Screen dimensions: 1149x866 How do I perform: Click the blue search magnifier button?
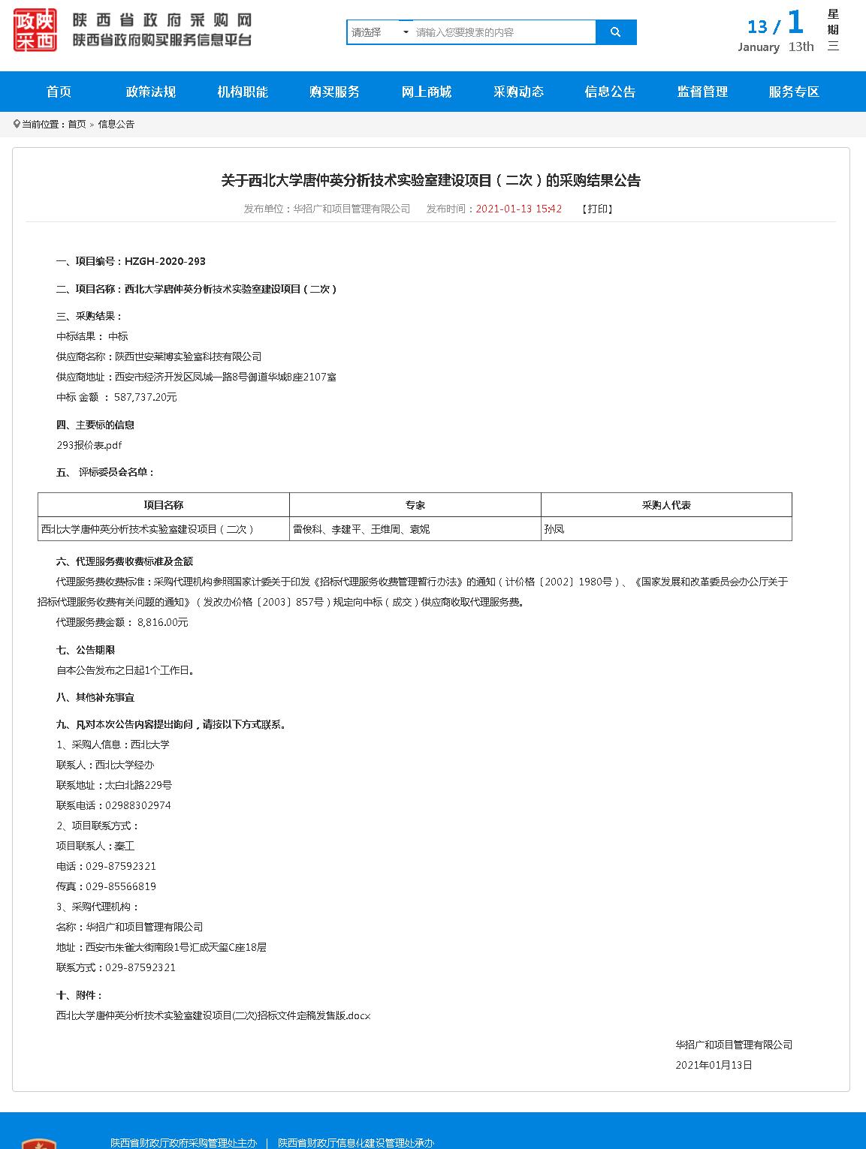coord(615,32)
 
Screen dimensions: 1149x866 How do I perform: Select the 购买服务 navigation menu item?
coord(334,92)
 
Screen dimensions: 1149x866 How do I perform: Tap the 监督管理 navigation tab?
coord(702,92)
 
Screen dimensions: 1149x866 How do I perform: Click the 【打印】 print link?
coord(597,209)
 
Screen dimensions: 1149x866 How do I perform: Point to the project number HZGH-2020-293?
coord(164,261)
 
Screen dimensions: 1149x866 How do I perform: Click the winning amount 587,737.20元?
coord(146,397)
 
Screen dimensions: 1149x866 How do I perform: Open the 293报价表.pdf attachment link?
coord(89,445)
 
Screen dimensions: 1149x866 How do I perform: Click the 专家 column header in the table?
coord(415,505)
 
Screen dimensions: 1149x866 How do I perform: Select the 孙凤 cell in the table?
coord(554,529)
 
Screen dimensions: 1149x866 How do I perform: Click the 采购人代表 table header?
coord(666,505)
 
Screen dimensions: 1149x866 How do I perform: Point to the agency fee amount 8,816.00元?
coord(163,622)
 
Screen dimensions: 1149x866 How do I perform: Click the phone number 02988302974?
coord(138,805)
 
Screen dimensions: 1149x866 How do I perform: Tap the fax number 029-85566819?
coord(121,886)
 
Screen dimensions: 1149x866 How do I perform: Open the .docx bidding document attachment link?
coord(213,1015)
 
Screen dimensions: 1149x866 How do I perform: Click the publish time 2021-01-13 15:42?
coord(518,209)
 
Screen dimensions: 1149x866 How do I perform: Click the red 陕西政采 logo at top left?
coord(35,31)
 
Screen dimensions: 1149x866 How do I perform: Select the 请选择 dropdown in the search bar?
coord(380,32)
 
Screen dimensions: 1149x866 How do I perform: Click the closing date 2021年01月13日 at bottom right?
coord(714,1065)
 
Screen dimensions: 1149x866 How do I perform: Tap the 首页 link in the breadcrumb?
coord(77,125)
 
